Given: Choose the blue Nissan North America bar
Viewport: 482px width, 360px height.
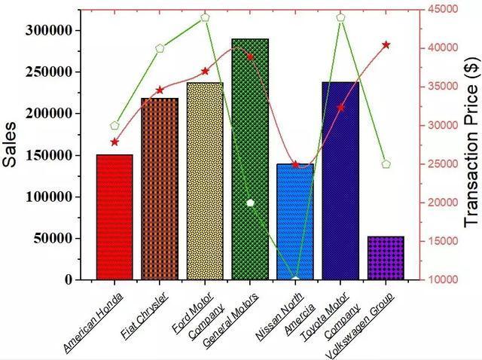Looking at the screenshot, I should [295, 221].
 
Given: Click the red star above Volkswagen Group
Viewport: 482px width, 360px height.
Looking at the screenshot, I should [386, 45].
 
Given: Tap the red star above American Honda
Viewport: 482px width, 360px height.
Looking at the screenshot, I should [114, 142].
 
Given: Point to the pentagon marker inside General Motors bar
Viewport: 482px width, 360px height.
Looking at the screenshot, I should [251, 203].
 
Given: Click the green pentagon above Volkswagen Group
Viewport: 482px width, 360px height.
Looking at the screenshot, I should [386, 163].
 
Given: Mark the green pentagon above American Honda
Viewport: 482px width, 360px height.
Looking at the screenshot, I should [114, 126].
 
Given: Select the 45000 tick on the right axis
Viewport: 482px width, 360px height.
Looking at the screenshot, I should [441, 9].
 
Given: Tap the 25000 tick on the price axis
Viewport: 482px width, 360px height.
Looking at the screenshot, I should [441, 163].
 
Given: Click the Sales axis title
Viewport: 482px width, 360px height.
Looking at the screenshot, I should [11, 145].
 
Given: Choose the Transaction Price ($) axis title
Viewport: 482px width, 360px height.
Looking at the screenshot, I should [471, 145].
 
